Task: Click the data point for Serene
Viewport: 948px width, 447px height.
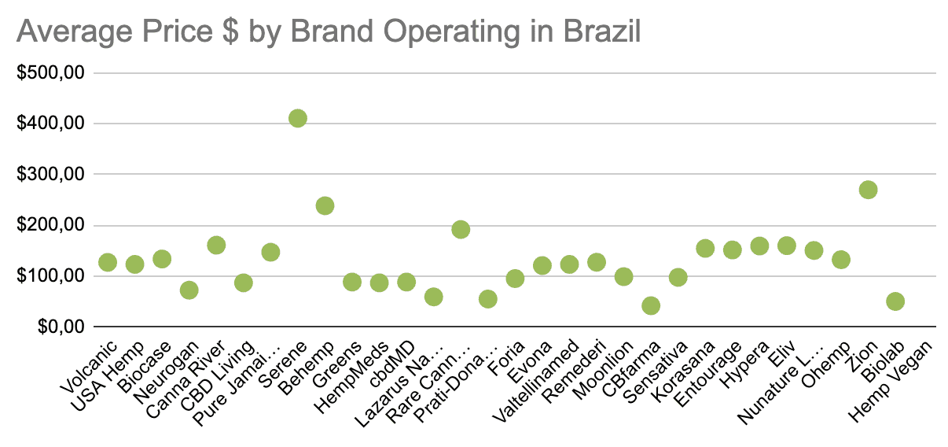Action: [297, 118]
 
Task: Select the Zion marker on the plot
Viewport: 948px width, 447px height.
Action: [868, 190]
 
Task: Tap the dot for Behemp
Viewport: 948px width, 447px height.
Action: [325, 205]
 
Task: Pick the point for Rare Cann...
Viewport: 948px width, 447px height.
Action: [461, 229]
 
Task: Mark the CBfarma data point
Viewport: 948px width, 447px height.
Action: [651, 305]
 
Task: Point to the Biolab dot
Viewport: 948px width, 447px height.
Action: [895, 301]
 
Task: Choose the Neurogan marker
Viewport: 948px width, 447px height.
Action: [189, 290]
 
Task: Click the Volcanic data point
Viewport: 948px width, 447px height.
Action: [108, 262]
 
